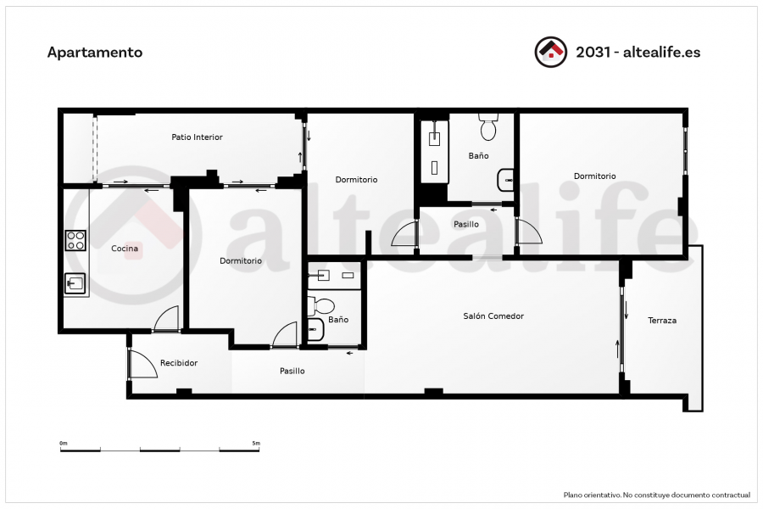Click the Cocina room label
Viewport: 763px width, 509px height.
(125, 249)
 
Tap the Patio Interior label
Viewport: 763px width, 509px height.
(197, 137)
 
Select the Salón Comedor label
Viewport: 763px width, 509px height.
(493, 316)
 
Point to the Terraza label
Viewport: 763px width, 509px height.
(662, 321)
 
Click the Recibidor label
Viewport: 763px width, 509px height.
(179, 363)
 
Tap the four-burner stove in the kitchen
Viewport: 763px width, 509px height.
(76, 241)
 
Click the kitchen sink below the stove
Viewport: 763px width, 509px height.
(75, 283)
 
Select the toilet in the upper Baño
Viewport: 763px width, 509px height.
(488, 126)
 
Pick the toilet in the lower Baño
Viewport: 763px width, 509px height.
(321, 306)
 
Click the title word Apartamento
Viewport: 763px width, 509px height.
(95, 53)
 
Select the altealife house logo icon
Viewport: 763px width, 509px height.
(551, 52)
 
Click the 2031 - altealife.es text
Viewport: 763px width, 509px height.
(638, 52)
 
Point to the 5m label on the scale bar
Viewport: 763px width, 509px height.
(256, 443)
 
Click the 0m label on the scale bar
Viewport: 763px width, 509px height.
(64, 443)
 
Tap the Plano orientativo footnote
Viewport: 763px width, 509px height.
(657, 495)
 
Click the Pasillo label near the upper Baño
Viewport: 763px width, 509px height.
(466, 225)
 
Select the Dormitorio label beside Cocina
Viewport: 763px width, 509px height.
(241, 261)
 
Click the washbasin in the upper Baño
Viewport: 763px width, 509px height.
(505, 180)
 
